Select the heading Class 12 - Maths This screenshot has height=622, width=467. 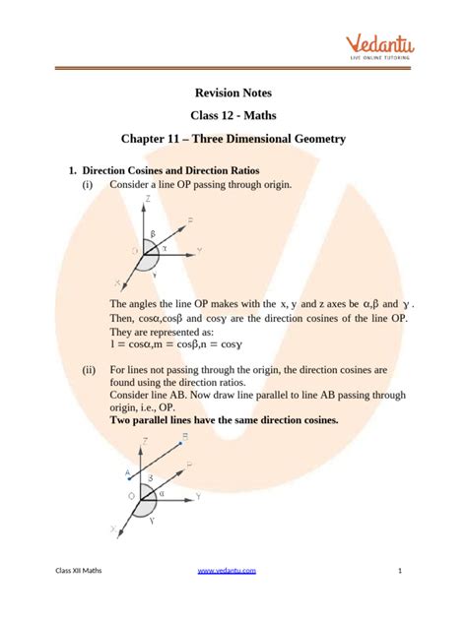tap(233, 117)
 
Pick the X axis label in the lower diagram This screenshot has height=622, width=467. tap(114, 529)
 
